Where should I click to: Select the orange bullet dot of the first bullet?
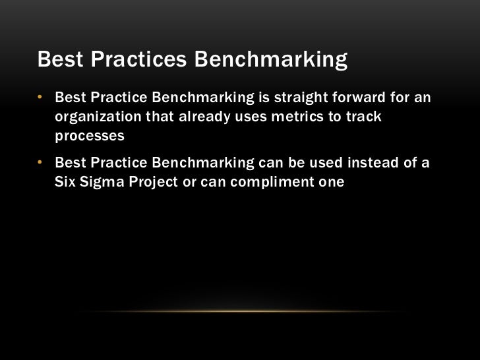pyautogui.click(x=40, y=99)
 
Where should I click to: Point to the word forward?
pyautogui.click(x=365, y=99)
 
